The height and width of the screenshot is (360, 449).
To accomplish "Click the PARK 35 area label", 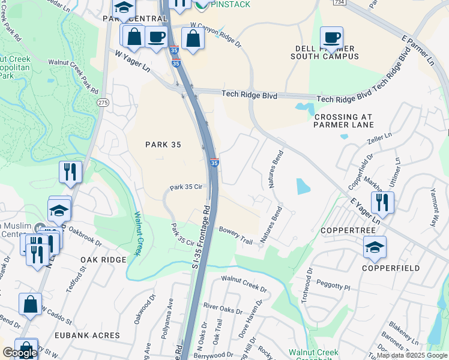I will pos(164,144).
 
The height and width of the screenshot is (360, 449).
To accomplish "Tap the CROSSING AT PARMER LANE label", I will pos(343,121).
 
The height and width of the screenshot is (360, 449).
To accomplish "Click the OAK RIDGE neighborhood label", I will pos(103,260).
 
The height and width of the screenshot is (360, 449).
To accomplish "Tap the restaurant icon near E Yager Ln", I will pos(382,202).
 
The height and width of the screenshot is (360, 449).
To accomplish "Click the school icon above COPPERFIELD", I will pos(375,247).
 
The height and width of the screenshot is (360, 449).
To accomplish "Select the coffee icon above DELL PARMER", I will pos(331,37).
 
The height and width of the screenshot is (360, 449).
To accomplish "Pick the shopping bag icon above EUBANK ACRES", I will pos(30,304).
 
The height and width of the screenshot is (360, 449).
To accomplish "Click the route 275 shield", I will pos(103,103).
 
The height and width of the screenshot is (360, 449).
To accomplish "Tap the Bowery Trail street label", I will pos(236,235).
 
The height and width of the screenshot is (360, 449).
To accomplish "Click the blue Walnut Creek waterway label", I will pos(137,233).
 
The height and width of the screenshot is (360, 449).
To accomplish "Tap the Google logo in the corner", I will pos(19,353).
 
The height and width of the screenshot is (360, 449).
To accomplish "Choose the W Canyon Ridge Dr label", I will pos(215,36).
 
